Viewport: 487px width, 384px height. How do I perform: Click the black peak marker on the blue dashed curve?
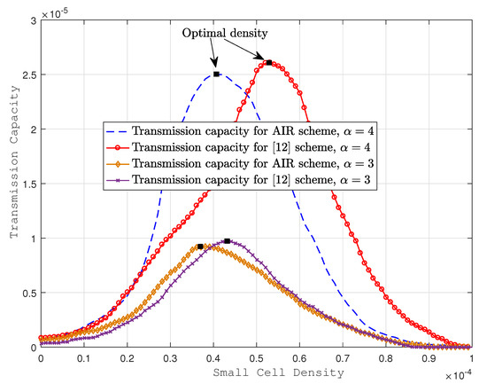click(x=215, y=74)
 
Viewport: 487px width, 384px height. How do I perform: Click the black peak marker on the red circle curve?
click(x=268, y=62)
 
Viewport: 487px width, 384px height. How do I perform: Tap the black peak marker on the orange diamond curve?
click(x=200, y=247)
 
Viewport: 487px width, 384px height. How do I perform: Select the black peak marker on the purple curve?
click(x=228, y=241)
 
